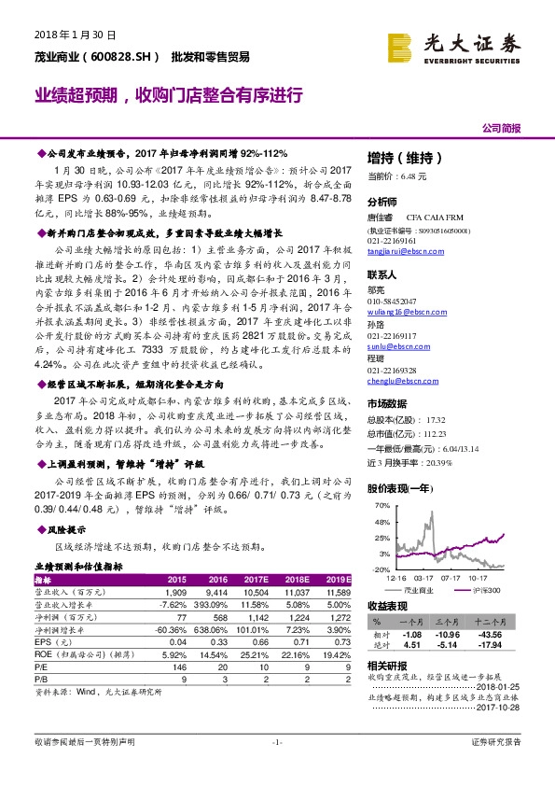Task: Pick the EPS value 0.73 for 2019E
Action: [x=340, y=643]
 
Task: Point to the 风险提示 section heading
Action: [x=63, y=528]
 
